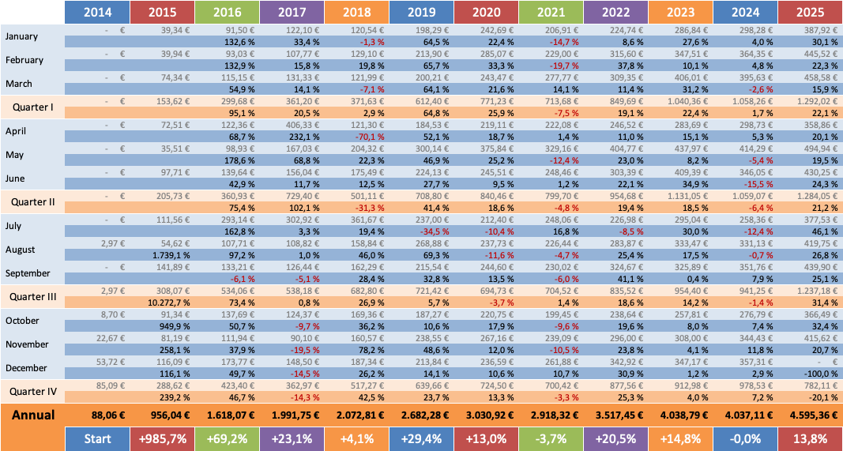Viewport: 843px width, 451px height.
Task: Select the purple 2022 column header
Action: coord(615,13)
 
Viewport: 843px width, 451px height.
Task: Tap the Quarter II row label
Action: coord(32,202)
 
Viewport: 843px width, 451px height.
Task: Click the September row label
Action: coord(28,273)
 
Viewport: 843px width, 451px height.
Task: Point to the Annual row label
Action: coord(32,415)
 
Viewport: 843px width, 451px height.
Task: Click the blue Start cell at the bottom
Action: coord(98,438)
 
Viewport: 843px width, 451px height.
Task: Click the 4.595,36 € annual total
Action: coord(811,415)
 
